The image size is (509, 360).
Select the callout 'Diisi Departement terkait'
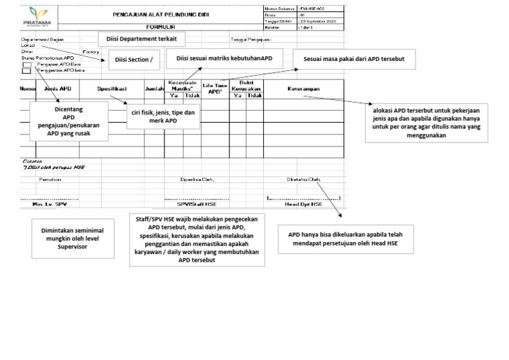pyautogui.click(x=141, y=39)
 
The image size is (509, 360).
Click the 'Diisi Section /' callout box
pyautogui.click(x=133, y=60)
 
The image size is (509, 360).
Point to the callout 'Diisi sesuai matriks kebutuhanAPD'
pyautogui.click(x=224, y=58)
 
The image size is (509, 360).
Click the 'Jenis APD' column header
pyautogui.click(x=57, y=88)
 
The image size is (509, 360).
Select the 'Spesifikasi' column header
pyautogui.click(x=112, y=88)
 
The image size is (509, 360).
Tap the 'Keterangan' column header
pyautogui.click(x=304, y=88)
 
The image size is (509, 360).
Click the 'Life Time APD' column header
pyautogui.click(x=215, y=88)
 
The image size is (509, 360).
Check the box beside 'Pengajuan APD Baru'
pyautogui.click(x=27, y=64)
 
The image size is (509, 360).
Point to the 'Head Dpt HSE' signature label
pyautogui.click(x=304, y=204)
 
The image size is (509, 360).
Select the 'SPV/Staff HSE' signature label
pyautogui.click(x=192, y=204)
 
